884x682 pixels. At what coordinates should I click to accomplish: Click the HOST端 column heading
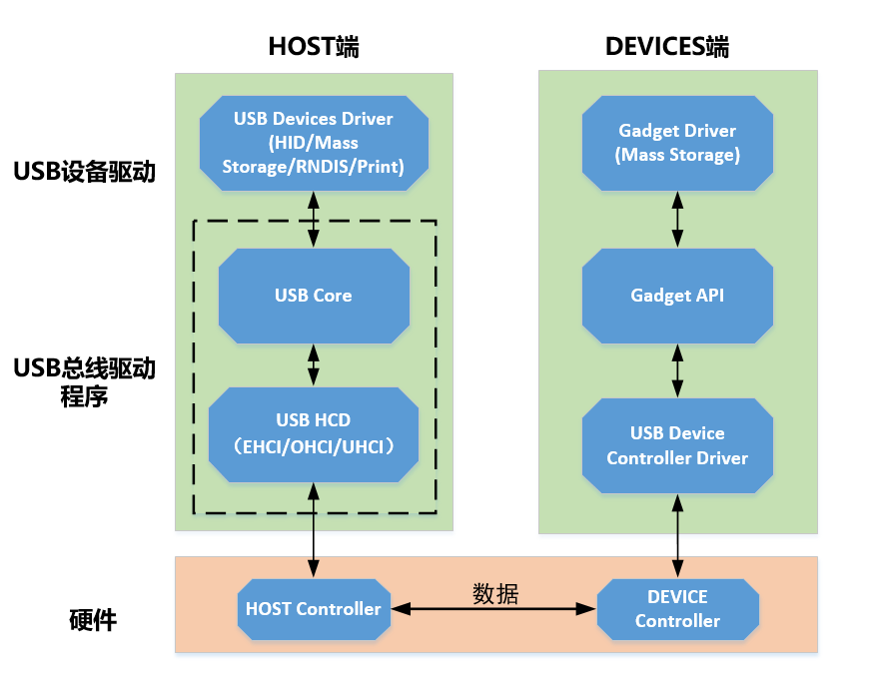tap(314, 47)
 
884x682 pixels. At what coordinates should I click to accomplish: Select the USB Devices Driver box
tap(314, 142)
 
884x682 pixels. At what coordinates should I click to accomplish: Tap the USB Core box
tap(314, 296)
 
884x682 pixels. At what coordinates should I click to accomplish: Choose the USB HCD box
tap(314, 433)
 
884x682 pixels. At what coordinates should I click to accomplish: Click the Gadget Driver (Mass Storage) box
tap(677, 143)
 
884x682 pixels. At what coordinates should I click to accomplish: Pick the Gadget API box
tap(677, 296)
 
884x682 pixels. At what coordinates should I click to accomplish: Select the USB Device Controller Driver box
tap(677, 445)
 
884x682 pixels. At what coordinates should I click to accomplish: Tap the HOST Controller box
tap(314, 609)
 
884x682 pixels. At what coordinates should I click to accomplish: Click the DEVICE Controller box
tap(677, 609)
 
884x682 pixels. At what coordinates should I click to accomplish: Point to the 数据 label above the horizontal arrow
tap(495, 593)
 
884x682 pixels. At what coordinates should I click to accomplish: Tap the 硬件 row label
tap(93, 621)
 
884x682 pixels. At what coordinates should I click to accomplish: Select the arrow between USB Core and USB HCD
tap(314, 364)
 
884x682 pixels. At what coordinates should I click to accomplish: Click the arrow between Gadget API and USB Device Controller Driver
tap(677, 370)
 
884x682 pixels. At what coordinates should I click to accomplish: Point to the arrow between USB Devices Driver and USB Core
tap(314, 218)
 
